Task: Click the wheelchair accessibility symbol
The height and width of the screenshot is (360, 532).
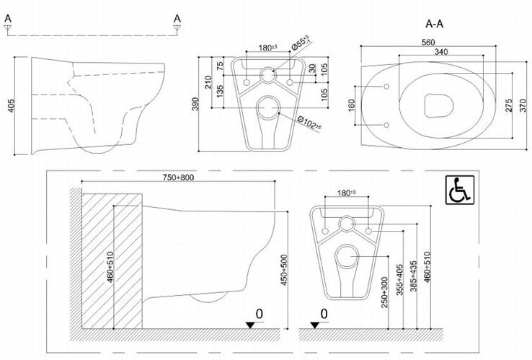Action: click(460, 190)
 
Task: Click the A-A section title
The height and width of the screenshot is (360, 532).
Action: click(434, 24)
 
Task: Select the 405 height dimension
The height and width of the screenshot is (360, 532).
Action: click(12, 105)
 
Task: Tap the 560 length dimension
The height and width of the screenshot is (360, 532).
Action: click(428, 42)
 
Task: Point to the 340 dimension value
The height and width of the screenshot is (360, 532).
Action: click(440, 52)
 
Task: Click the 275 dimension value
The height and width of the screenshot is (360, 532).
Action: click(508, 106)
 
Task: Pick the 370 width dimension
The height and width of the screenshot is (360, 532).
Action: click(523, 105)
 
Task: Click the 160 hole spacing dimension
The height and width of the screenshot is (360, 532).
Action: click(351, 105)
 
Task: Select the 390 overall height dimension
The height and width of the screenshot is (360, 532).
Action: click(195, 104)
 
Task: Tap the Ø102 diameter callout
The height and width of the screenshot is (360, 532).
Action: click(309, 123)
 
